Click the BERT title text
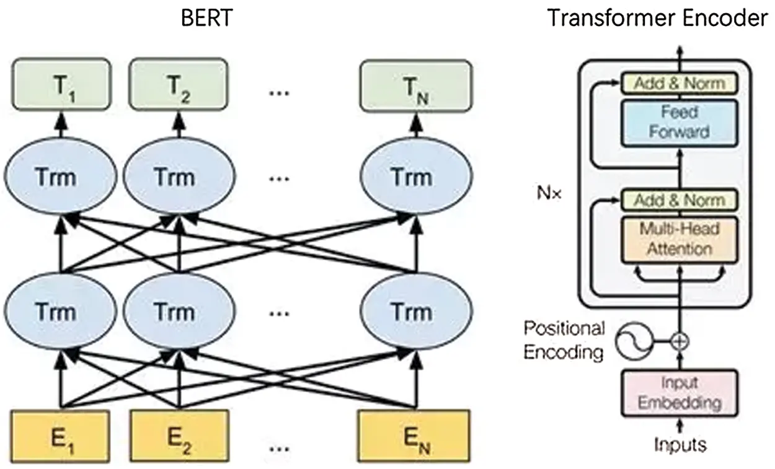point(206,18)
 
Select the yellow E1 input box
point(61,433)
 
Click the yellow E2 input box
point(177,433)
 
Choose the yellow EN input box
point(411,433)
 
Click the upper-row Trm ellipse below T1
point(61,177)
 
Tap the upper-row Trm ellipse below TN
point(411,177)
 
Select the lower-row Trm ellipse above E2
point(177,310)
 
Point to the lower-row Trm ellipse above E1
point(61,310)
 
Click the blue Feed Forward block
point(679,122)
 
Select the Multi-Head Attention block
point(679,239)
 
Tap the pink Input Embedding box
point(680,393)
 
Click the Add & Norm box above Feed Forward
point(679,83)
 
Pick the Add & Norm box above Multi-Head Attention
point(679,200)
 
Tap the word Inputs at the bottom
point(680,444)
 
